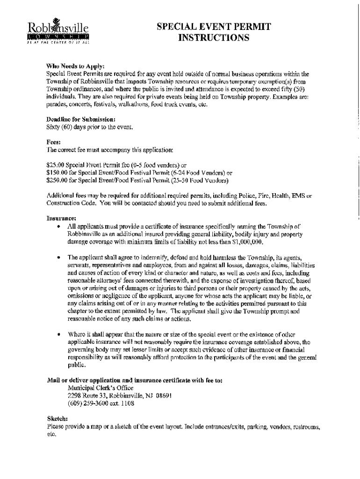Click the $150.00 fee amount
[58, 172]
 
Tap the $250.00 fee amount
[58, 180]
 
